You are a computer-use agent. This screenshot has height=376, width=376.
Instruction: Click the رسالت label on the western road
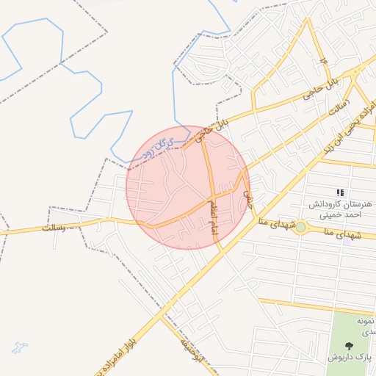coord(54,228)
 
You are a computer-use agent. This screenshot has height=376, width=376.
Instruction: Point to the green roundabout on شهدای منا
coord(300,226)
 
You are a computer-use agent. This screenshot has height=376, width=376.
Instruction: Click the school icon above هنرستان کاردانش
coord(339,192)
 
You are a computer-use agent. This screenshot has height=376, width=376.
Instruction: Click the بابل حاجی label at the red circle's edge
coord(213,126)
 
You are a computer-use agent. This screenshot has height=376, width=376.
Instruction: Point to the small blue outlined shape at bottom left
coord(19,347)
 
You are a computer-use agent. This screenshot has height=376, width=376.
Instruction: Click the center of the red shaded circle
coord(188,187)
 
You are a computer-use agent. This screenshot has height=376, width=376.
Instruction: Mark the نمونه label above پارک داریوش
coord(366,322)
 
